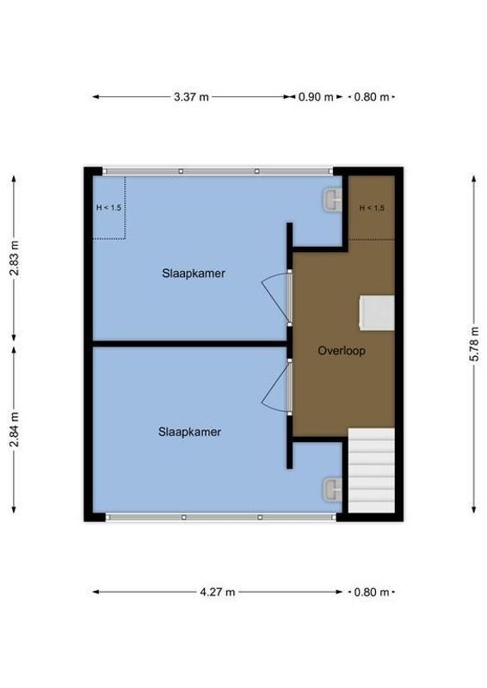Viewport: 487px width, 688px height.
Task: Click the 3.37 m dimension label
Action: tap(191, 97)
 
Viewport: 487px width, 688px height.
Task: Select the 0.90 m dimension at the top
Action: tap(315, 97)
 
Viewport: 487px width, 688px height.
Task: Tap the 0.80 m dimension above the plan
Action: tap(372, 97)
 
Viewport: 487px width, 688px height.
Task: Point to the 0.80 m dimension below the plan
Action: tap(372, 592)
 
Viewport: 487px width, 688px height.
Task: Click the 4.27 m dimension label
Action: tap(218, 592)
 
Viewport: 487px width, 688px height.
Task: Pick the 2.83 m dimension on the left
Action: tap(14, 256)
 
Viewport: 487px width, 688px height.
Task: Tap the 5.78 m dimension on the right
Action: tap(474, 343)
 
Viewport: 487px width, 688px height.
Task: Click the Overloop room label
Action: tap(342, 350)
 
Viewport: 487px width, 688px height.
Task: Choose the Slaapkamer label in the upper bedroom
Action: tap(194, 273)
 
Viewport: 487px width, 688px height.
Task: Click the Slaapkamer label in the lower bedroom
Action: tap(189, 432)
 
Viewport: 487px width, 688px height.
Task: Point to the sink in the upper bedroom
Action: tap(332, 200)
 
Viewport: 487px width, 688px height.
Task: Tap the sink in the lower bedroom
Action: tap(332, 488)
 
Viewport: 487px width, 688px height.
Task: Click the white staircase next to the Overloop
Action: tap(371, 471)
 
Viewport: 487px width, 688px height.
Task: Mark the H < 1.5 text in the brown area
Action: tap(372, 208)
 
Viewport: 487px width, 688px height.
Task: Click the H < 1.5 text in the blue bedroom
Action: tap(108, 207)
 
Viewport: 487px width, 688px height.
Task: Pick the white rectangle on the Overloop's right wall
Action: tap(377, 312)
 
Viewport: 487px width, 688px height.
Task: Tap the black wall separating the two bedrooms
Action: tap(189, 343)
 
